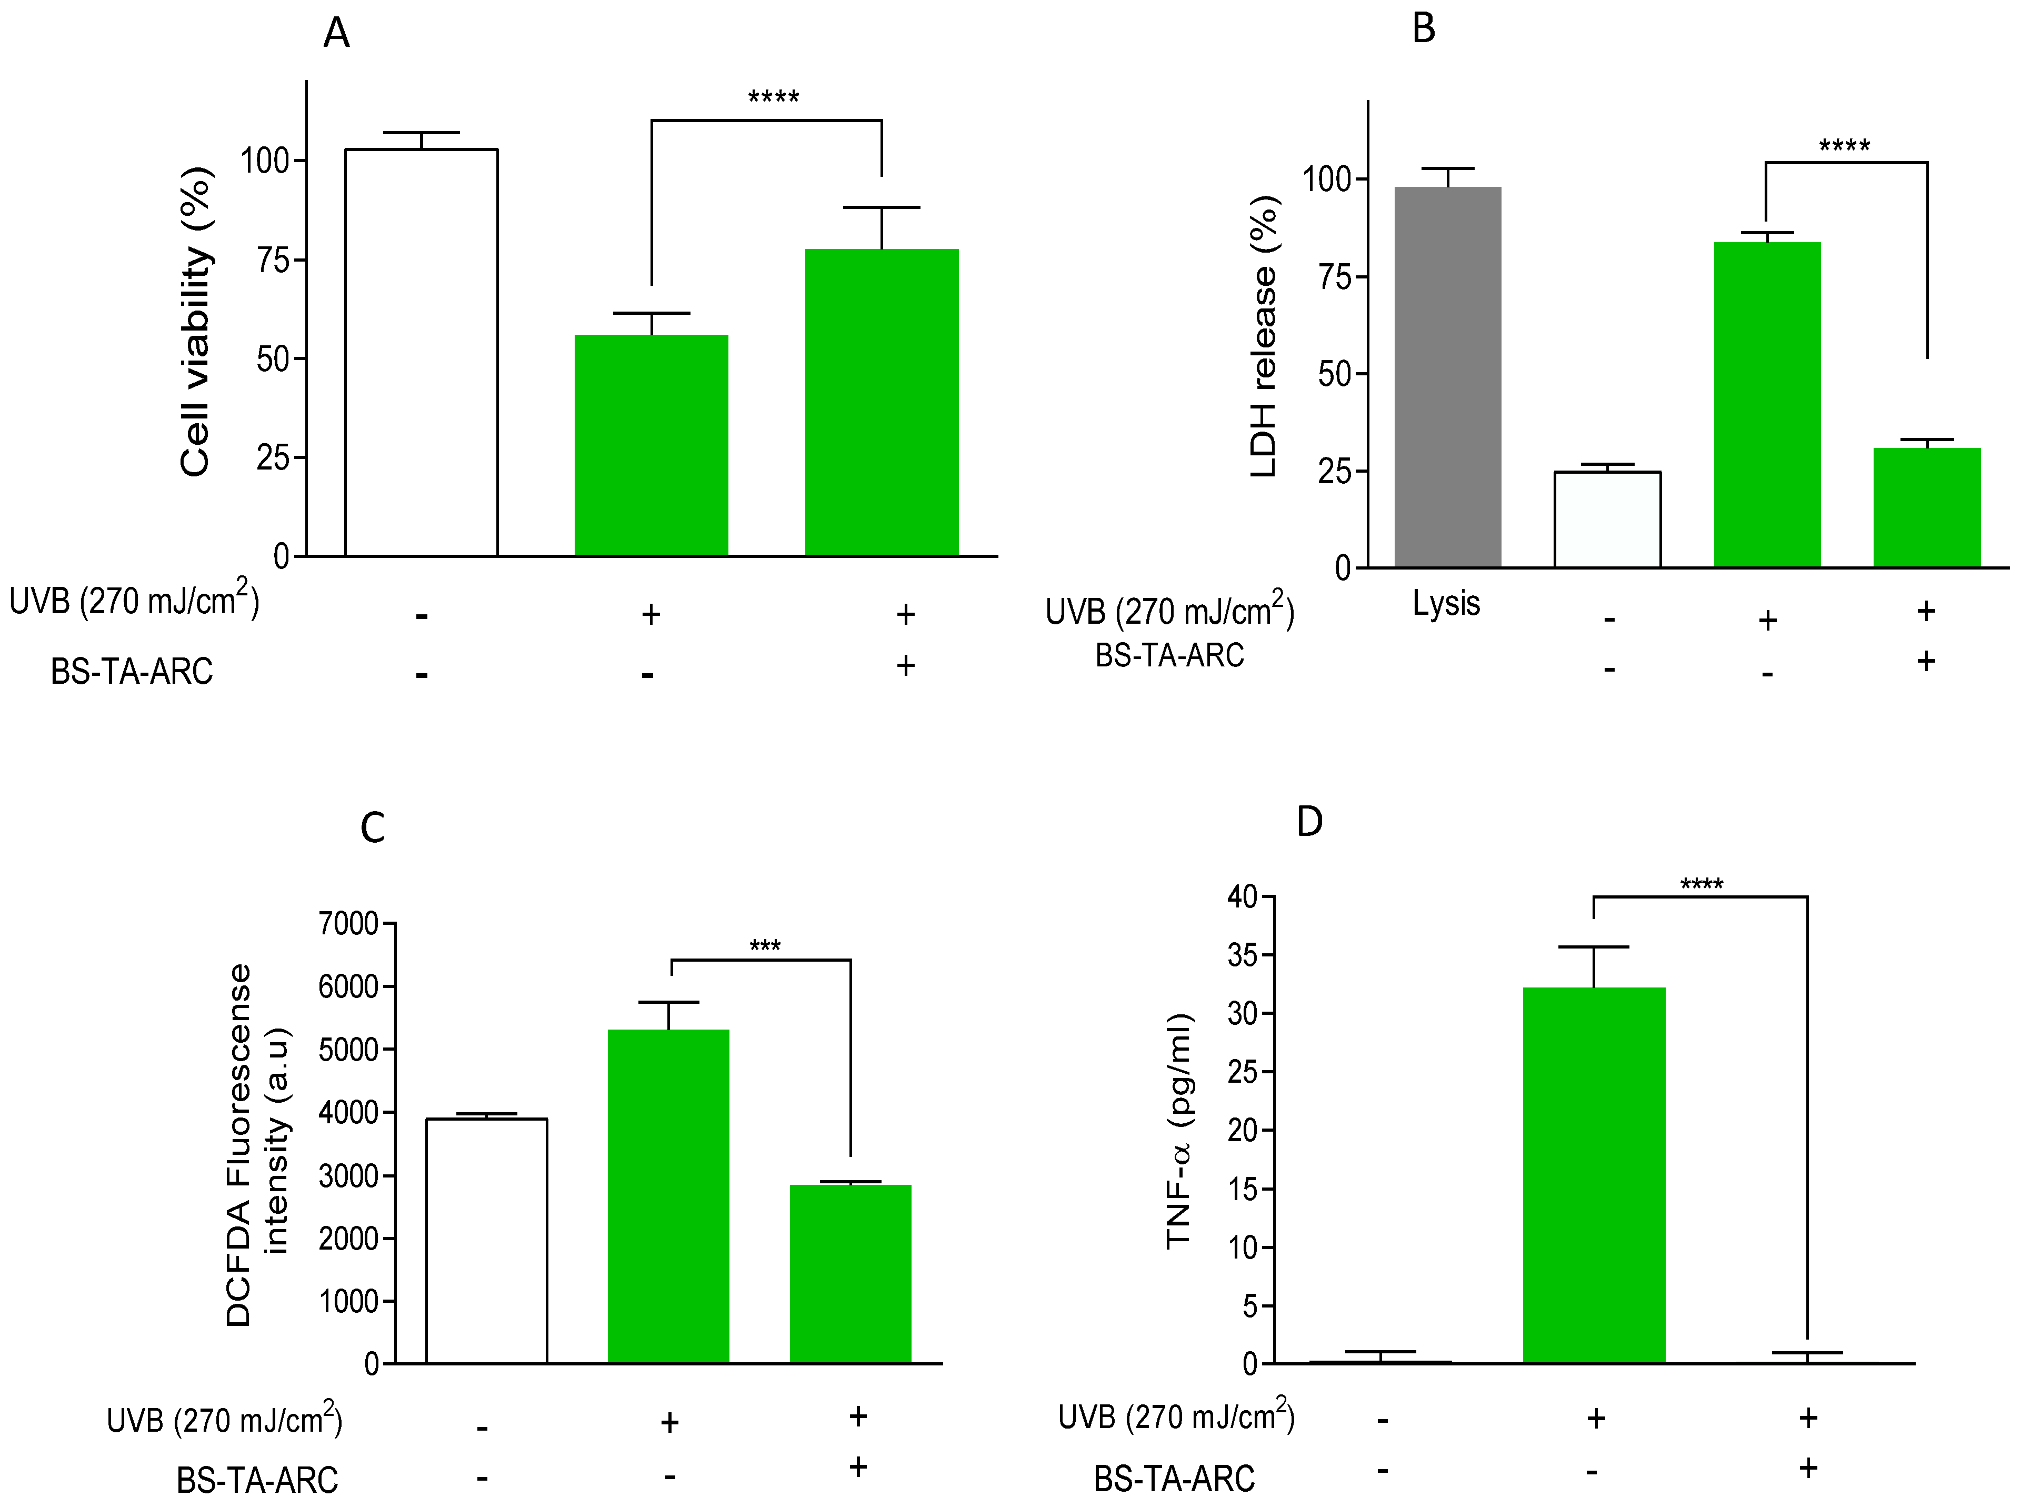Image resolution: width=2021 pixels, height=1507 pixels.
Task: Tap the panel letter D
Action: point(1309,822)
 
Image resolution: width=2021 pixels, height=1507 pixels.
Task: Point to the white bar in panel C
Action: point(487,1241)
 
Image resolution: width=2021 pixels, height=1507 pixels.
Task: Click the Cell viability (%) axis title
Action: point(196,321)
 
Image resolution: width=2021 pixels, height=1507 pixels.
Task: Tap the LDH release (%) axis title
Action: point(1264,336)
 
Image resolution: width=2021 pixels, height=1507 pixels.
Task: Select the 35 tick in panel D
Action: point(1242,955)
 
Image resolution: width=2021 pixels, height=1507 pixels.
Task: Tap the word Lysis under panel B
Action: point(1446,603)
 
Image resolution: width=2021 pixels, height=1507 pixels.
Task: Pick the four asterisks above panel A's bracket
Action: point(773,97)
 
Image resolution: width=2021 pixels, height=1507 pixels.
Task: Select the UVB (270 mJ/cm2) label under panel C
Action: point(224,1420)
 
